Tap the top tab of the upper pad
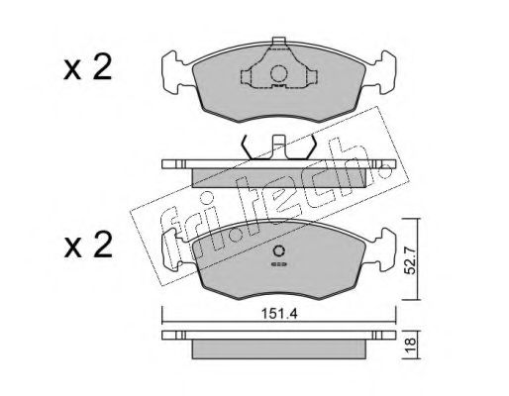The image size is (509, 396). click(278, 43)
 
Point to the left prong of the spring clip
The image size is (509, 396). click(244, 145)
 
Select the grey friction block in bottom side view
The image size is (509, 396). click(278, 350)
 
